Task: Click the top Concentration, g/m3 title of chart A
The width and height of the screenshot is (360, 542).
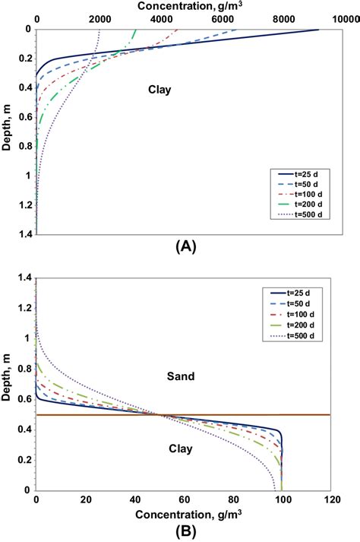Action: click(186, 6)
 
